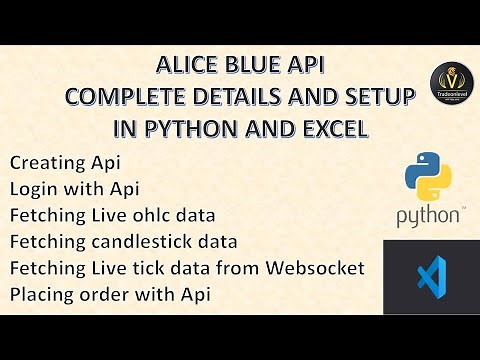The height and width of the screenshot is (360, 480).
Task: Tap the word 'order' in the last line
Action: point(104,296)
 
